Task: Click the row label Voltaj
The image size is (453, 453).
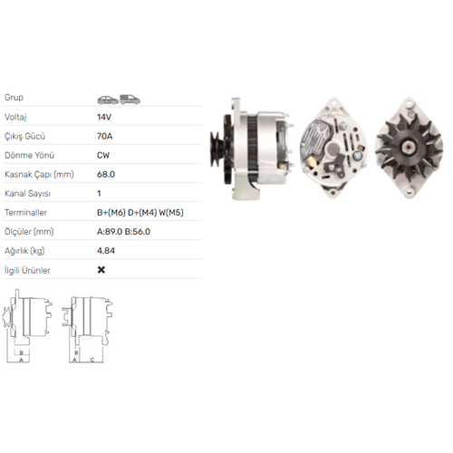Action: (x=15, y=117)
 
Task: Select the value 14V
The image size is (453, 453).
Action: (x=104, y=117)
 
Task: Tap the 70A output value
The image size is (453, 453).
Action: (x=105, y=136)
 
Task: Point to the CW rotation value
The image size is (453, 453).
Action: (x=103, y=155)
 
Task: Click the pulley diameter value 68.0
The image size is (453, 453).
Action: (x=106, y=174)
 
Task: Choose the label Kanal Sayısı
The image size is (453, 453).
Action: (x=27, y=193)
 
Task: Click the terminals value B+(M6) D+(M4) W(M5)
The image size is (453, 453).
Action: (x=140, y=213)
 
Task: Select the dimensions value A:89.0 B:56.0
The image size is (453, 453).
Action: (x=123, y=232)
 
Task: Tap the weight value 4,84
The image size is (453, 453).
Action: (x=106, y=251)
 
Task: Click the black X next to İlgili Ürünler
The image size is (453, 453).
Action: (x=101, y=270)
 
